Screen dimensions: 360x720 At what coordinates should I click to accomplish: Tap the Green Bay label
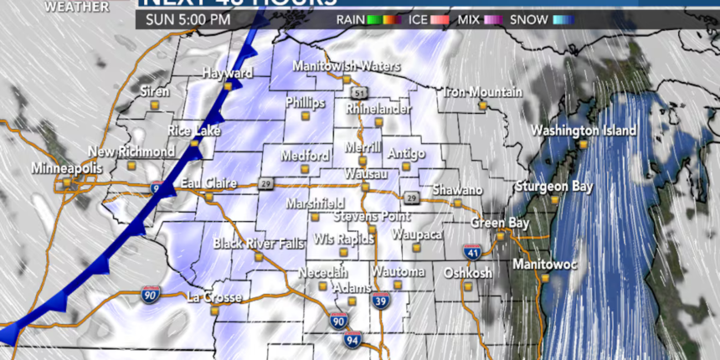coord(499,224)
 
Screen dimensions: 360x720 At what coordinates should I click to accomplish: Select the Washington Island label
coord(584,131)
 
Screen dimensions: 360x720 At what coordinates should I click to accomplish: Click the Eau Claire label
coord(208,183)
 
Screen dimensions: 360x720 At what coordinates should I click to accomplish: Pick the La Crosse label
coord(213,297)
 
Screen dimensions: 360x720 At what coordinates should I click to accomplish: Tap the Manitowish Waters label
coord(346,66)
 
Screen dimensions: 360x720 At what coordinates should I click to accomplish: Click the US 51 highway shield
coord(359,92)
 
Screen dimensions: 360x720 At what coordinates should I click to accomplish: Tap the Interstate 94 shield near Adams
coord(352,339)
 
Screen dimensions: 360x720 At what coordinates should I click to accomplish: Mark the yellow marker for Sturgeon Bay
coord(554,199)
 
